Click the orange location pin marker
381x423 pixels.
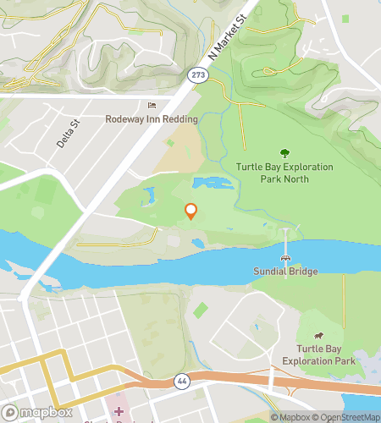pyautogui.click(x=191, y=211)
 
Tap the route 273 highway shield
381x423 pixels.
pyautogui.click(x=198, y=75)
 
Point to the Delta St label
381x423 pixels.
pyautogui.click(x=68, y=133)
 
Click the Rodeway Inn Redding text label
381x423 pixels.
pyautogui.click(x=152, y=119)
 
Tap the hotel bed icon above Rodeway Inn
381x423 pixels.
pyautogui.click(x=152, y=105)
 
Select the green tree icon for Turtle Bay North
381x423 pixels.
pyautogui.click(x=284, y=153)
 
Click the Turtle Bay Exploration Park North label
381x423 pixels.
pyautogui.click(x=284, y=173)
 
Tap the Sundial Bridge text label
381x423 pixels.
pyautogui.click(x=285, y=272)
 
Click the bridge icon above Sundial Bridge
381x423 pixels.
pyautogui.click(x=285, y=257)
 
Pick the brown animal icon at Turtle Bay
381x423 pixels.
pyautogui.click(x=319, y=338)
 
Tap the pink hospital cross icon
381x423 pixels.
pyautogui.click(x=119, y=410)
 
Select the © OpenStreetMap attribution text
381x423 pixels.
pyautogui.click(x=347, y=417)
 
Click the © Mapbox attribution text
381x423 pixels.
pyautogui.click(x=292, y=417)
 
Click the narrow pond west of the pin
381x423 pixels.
pyautogui.click(x=149, y=197)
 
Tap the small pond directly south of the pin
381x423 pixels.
pyautogui.click(x=197, y=244)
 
